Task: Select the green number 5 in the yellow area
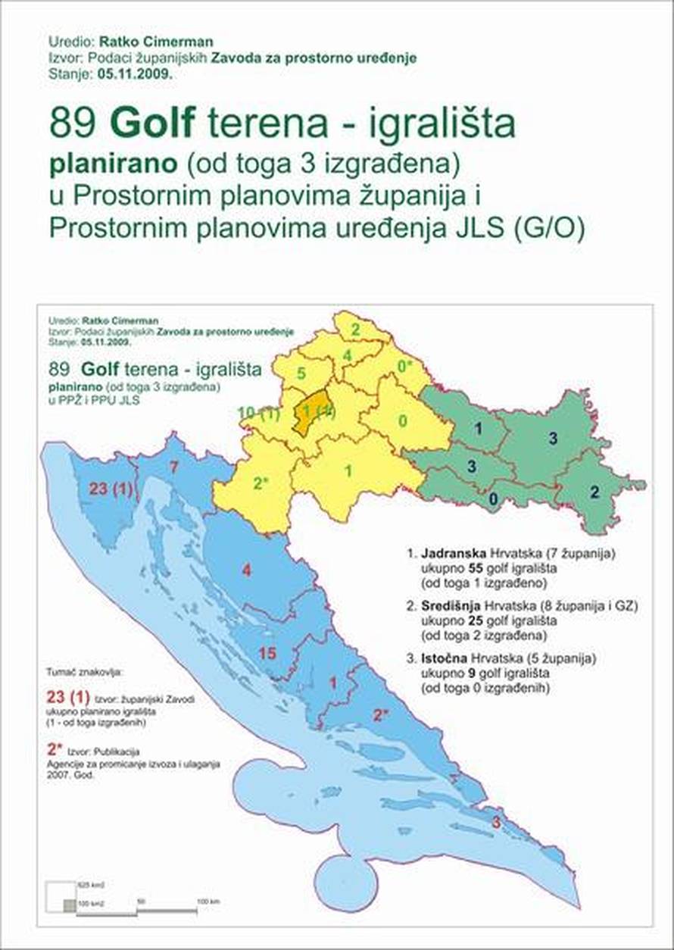(x=301, y=373)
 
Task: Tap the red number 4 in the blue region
(x=246, y=568)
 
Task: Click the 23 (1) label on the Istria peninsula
(x=111, y=489)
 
